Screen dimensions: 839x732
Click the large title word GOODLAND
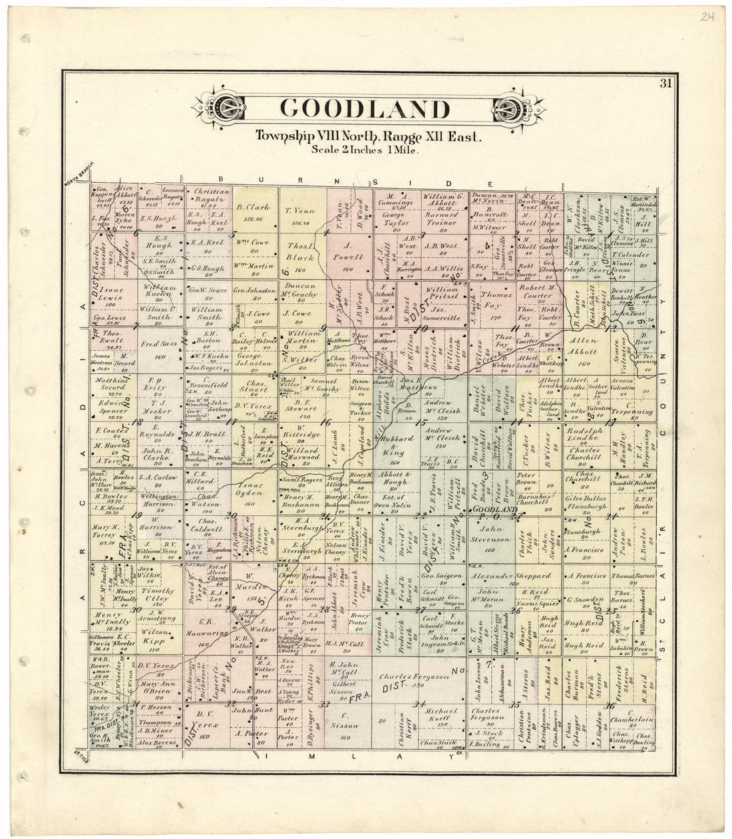point(364,108)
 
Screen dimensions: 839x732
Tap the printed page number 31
point(665,83)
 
